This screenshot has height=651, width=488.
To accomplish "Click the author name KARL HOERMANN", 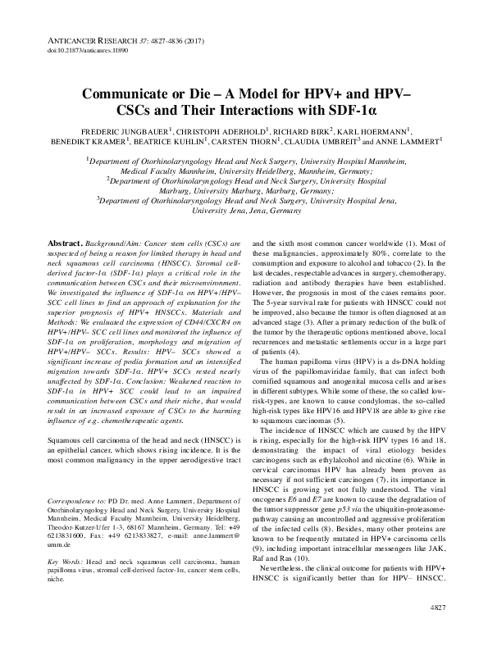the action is (x=376, y=130).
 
